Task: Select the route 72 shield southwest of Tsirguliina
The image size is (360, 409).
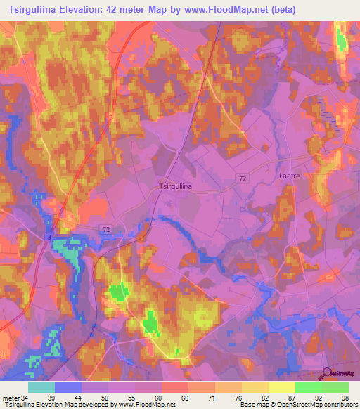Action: pyautogui.click(x=106, y=230)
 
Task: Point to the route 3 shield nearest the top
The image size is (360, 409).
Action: pyautogui.click(x=111, y=117)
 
